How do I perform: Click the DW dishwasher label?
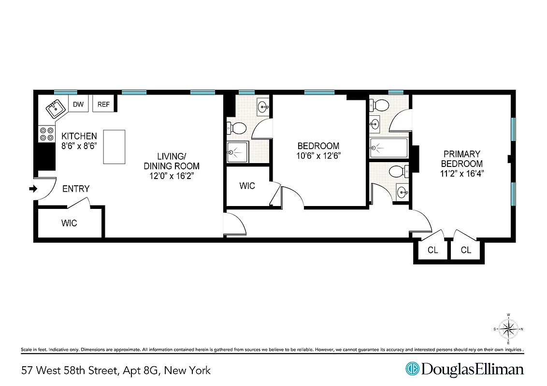tap(78, 104)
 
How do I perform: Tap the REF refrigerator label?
tap(104, 104)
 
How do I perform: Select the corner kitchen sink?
tap(57, 109)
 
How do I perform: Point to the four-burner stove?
tap(46, 134)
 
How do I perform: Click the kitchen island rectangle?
tap(115, 147)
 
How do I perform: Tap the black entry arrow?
tap(33, 189)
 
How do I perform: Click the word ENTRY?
tap(76, 189)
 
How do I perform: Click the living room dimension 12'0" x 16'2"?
tap(172, 176)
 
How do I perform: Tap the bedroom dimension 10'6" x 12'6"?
tap(318, 155)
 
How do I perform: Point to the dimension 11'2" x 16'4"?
tap(461, 173)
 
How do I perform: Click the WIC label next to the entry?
tap(69, 223)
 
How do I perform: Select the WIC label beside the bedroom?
tap(247, 186)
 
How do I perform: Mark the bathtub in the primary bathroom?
tap(389, 148)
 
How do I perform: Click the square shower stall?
tap(237, 152)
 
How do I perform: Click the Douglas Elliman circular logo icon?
tap(412, 369)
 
